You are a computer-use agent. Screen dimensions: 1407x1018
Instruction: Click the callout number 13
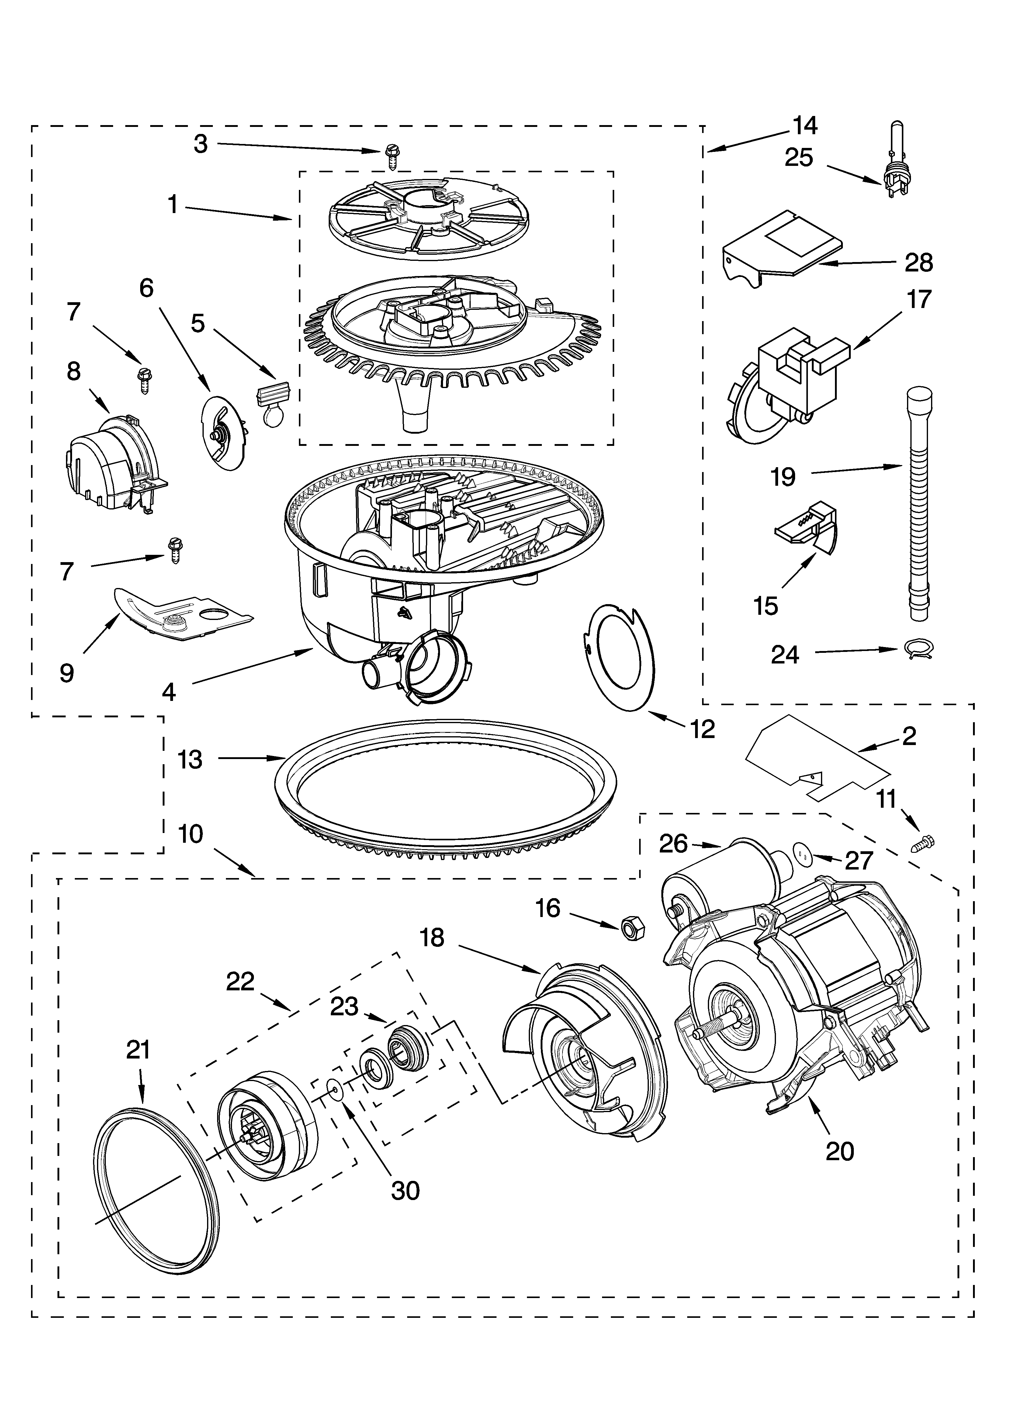190,759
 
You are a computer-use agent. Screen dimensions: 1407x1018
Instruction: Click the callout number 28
919,263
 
